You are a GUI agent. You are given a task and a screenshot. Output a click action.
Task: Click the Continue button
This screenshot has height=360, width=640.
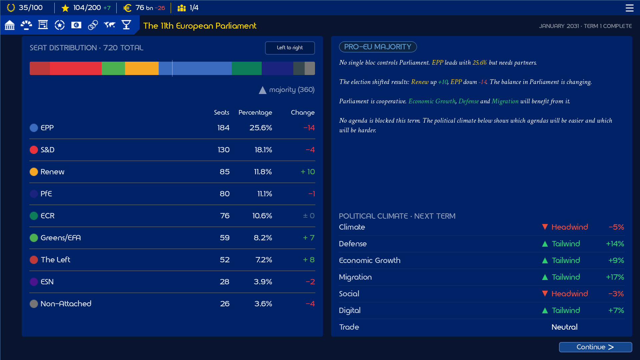tap(595, 347)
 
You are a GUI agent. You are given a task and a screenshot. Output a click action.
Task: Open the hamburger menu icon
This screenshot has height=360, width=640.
tap(629, 8)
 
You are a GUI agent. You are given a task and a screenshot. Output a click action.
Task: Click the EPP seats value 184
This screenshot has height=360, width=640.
tap(223, 128)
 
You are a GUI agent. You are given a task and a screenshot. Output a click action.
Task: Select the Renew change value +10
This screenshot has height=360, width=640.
tap(308, 172)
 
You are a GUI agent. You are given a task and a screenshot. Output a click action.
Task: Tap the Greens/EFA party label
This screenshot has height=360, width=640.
tap(61, 238)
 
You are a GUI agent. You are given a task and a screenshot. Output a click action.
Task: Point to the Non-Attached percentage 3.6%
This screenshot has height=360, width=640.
tap(263, 304)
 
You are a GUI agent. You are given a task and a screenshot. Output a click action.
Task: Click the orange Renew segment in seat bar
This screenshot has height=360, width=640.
tap(142, 68)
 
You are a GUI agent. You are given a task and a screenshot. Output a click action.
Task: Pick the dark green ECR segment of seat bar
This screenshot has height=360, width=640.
tap(247, 68)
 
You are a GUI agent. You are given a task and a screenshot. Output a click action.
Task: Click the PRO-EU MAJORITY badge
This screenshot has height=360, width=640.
tap(378, 47)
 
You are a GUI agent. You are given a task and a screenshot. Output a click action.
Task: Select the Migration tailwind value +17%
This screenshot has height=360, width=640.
tap(615, 277)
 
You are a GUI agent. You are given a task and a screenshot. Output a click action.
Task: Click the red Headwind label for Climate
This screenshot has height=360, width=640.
tap(570, 227)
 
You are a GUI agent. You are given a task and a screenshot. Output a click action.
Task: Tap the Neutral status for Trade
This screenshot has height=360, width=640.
tap(564, 327)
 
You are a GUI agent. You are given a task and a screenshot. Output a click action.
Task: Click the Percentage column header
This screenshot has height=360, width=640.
tap(255, 113)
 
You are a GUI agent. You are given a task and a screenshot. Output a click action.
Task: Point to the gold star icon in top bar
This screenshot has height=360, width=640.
tap(65, 8)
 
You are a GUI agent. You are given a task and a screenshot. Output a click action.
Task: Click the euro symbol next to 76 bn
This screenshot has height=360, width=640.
tap(127, 8)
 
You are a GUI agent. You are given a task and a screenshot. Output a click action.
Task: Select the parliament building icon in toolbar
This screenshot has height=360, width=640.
tap(10, 25)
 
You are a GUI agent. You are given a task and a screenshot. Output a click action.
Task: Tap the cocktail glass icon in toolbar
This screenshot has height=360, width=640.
tap(126, 25)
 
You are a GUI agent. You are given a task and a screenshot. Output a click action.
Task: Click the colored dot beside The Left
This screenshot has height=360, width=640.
tap(34, 260)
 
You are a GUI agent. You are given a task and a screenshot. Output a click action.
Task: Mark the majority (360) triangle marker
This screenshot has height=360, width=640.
tap(263, 90)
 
